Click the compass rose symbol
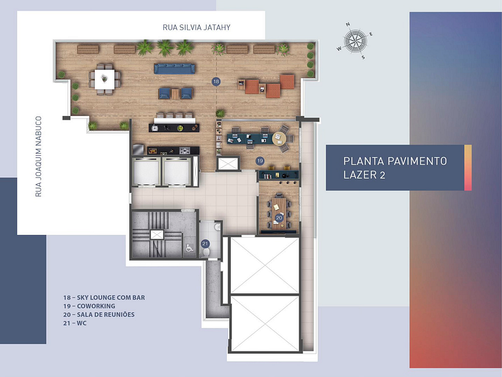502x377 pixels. [355, 41]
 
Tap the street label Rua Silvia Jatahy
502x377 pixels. [197, 27]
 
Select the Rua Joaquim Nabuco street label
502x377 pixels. [39, 156]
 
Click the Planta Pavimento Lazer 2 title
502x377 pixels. [395, 168]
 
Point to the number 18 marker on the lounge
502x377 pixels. [216, 81]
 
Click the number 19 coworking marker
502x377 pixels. [259, 160]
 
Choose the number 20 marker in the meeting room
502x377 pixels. [279, 218]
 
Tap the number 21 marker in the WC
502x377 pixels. [205, 244]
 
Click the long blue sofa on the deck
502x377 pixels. [175, 68]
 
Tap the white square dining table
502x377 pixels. [105, 79]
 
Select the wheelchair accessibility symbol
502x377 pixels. [190, 247]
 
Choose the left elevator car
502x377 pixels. [145, 173]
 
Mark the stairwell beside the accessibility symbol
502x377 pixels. [157, 234]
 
